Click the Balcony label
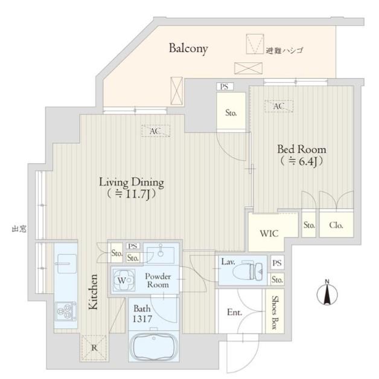188,48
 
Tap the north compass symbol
327,293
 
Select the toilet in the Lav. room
247,271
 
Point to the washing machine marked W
124,280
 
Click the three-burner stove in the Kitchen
66,311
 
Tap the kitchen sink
65,264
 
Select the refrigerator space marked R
94,348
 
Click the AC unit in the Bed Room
279,106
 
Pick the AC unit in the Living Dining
156,131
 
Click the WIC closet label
269,233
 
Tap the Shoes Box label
275,313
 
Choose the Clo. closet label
336,225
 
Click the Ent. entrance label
234,312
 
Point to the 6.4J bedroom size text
302,161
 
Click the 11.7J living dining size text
132,194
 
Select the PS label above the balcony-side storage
225,86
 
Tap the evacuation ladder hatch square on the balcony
255,44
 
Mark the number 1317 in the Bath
142,319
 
